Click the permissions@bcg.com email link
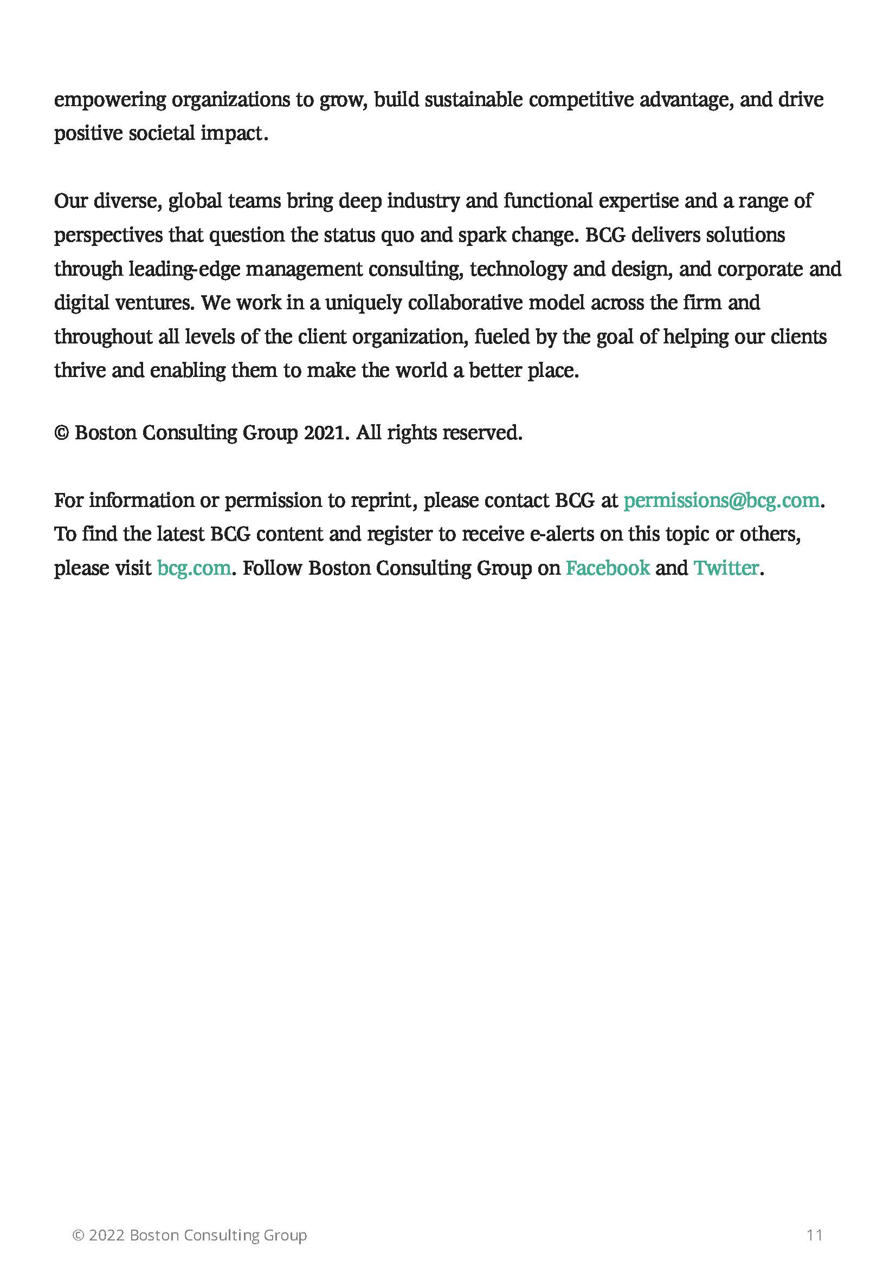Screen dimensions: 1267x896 (x=720, y=500)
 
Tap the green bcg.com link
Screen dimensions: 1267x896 (x=194, y=568)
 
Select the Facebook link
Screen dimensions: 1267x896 (x=607, y=568)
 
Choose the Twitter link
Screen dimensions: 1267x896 (x=726, y=568)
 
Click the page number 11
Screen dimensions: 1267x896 (x=814, y=1234)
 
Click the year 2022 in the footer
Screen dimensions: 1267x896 (x=107, y=1235)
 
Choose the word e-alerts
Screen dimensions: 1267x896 (x=562, y=534)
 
